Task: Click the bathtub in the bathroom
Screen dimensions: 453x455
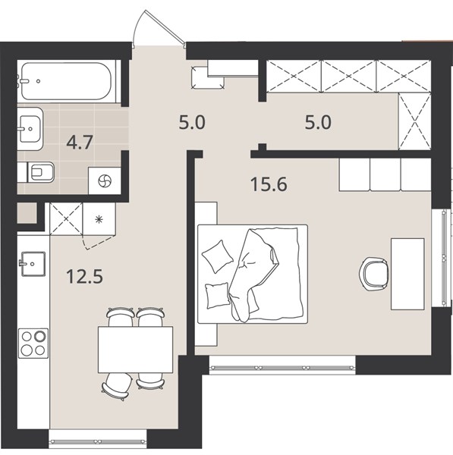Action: click(x=66, y=81)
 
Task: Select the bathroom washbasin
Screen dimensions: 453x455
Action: click(x=30, y=129)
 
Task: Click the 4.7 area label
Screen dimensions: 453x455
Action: click(x=80, y=143)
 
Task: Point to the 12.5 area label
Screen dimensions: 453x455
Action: click(x=84, y=276)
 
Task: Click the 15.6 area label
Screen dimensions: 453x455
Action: click(x=269, y=184)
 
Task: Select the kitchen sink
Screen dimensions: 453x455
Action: click(x=33, y=263)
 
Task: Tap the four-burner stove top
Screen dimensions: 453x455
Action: click(x=33, y=344)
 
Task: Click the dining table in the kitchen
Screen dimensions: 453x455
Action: click(x=135, y=350)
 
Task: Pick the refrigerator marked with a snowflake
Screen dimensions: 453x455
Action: click(x=99, y=219)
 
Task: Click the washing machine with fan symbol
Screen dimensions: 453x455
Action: click(x=105, y=180)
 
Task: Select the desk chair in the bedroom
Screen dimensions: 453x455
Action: click(x=374, y=274)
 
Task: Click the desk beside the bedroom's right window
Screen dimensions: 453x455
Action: click(x=407, y=274)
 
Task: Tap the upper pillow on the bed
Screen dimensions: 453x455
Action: click(x=218, y=256)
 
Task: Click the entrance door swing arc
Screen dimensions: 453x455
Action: click(x=138, y=25)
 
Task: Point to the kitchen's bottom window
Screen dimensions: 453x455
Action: click(x=98, y=442)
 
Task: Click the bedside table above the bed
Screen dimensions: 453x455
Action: click(x=206, y=213)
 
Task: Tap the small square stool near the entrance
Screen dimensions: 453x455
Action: click(x=208, y=77)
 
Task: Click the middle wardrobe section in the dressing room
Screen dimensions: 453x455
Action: click(x=349, y=77)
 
